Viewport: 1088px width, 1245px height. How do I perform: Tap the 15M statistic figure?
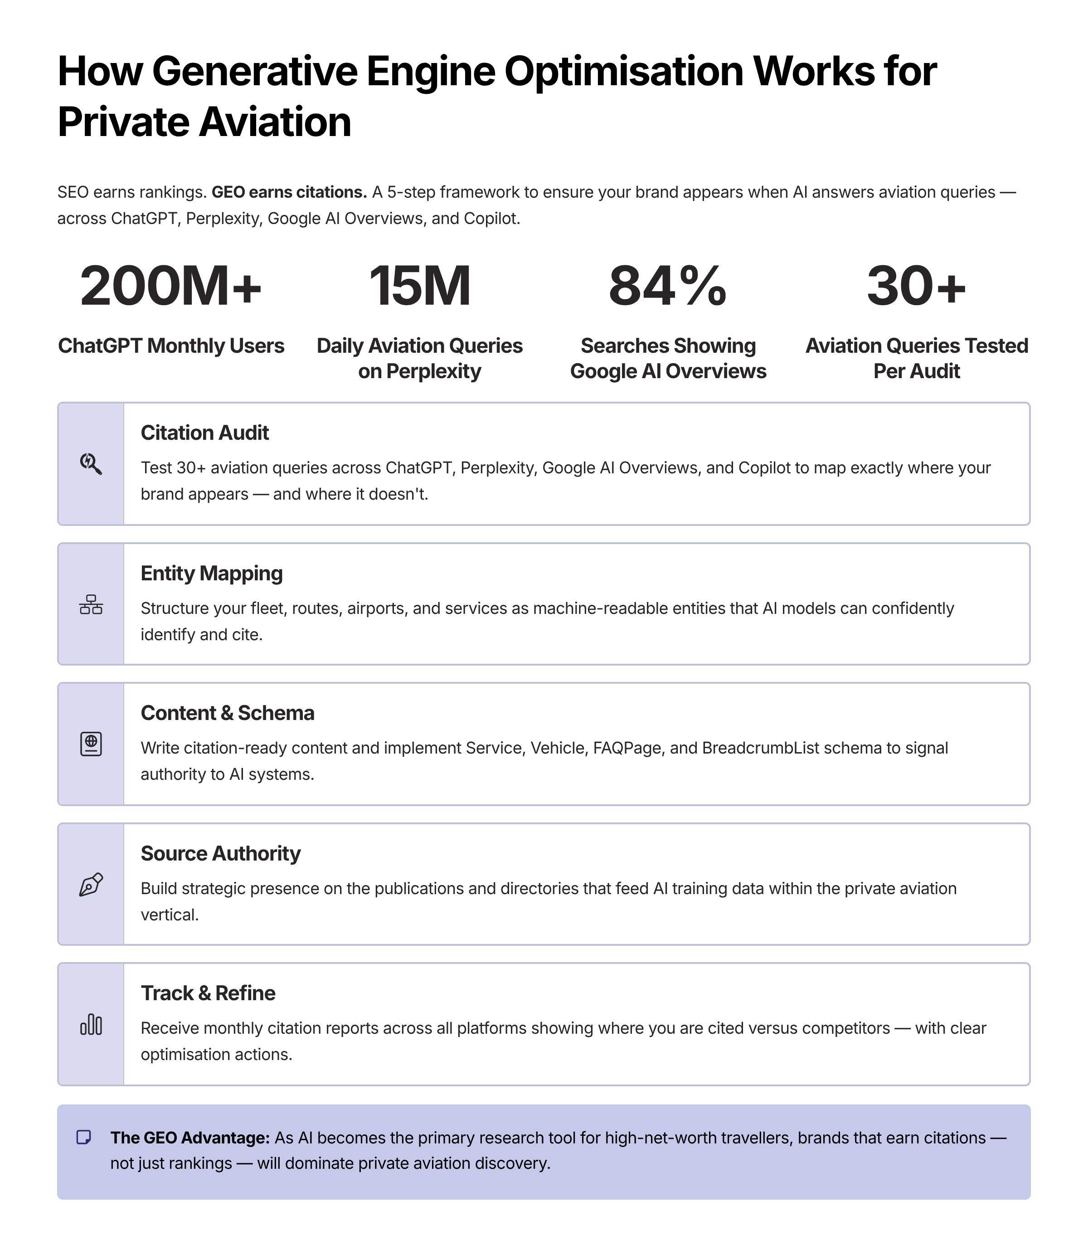pos(419,286)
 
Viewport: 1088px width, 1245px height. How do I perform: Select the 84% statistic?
pos(668,286)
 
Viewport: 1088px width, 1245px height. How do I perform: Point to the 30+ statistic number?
pos(916,286)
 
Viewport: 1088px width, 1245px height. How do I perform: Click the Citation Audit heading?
pos(204,433)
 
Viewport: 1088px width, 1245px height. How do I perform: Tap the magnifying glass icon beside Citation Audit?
pos(91,464)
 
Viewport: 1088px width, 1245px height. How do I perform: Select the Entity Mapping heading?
pos(211,573)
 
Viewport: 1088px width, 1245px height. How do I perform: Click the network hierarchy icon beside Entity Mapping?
pos(91,604)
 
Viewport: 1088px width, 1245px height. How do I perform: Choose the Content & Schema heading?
pos(227,712)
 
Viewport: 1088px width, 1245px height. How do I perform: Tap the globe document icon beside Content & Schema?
pos(91,744)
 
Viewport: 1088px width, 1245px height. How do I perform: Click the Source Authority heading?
pos(220,853)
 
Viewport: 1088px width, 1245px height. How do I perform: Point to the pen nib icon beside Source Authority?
pos(91,885)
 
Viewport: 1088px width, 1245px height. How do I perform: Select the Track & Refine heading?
pos(208,993)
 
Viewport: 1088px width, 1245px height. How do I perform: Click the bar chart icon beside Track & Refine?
pos(91,1025)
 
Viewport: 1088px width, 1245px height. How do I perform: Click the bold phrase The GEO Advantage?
pos(190,1138)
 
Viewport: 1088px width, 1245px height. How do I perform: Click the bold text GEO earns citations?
pos(289,192)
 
